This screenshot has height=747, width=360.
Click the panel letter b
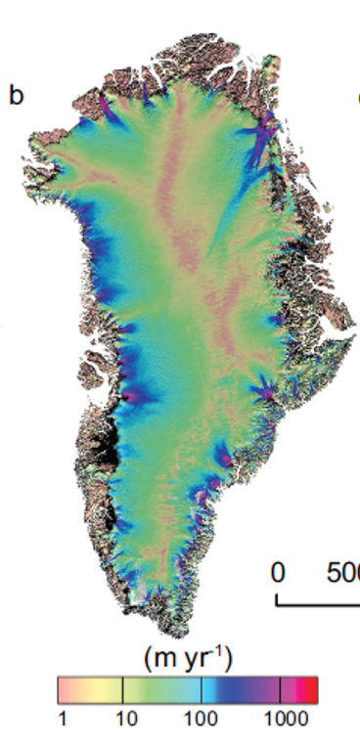tap(16, 96)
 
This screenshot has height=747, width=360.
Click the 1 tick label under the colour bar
tap(62, 719)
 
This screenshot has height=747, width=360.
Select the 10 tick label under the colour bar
tap(122, 719)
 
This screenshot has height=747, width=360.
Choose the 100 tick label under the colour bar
tap(201, 719)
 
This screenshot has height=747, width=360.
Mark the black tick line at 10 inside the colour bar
tap(122, 688)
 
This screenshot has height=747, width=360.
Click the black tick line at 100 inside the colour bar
tap(201, 688)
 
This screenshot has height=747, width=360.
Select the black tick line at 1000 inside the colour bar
tap(281, 688)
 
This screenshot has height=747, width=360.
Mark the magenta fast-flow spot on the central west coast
tap(126, 397)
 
